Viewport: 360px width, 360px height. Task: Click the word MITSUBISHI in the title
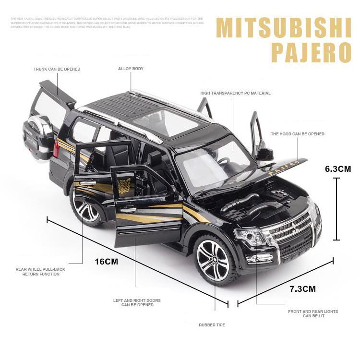[283, 29]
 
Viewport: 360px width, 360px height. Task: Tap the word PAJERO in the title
[312, 52]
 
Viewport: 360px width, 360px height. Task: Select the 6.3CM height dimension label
[338, 169]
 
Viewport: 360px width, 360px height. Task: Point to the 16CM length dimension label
[106, 262]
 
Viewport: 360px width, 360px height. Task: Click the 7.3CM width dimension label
[302, 289]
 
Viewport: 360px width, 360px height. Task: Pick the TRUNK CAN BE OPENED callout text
[57, 69]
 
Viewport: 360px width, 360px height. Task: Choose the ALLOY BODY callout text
[131, 69]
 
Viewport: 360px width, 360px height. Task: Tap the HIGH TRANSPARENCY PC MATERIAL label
[235, 93]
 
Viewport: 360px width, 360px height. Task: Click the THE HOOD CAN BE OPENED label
[297, 134]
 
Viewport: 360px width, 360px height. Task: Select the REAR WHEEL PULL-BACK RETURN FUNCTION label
[40, 272]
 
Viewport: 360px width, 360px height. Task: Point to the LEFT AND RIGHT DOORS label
[137, 303]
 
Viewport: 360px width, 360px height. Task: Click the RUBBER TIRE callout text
[212, 325]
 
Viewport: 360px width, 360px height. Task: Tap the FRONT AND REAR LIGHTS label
[312, 313]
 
